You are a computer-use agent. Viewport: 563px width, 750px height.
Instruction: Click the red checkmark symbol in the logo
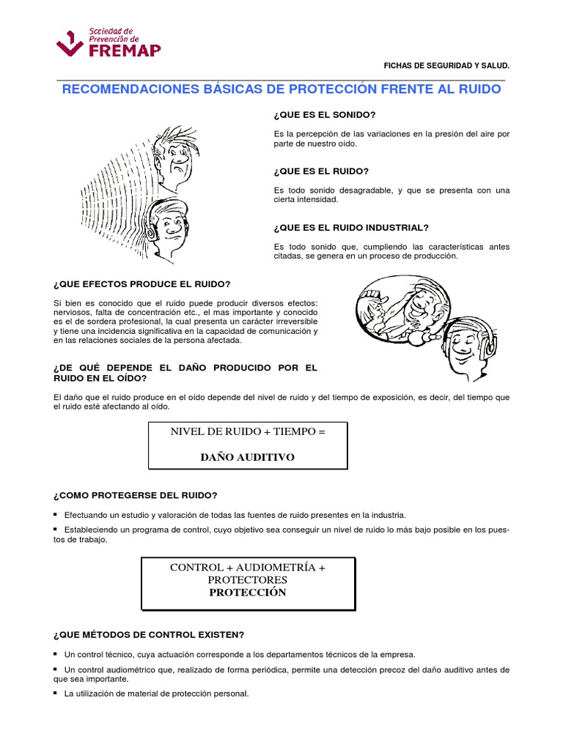click(70, 45)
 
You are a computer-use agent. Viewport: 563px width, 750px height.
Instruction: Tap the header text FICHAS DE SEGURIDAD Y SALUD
click(446, 66)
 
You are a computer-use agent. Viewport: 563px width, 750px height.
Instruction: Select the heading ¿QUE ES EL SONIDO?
click(324, 115)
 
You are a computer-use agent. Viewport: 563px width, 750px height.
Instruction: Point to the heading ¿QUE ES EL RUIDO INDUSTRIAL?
click(350, 227)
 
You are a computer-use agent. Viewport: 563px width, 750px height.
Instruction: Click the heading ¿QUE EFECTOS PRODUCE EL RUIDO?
click(141, 284)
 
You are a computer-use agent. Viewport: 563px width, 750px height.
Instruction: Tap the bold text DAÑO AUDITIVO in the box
click(247, 457)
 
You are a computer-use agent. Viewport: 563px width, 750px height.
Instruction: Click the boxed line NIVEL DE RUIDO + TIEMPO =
click(247, 432)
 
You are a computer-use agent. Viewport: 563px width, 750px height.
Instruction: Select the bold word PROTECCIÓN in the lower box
click(247, 593)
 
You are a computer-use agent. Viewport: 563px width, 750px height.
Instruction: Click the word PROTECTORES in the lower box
click(247, 580)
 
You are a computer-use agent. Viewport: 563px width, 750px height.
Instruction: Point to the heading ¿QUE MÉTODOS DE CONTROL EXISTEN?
click(149, 634)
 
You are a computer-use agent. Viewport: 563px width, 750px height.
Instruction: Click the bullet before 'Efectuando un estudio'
click(56, 514)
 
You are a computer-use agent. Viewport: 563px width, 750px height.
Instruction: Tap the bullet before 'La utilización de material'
click(56, 693)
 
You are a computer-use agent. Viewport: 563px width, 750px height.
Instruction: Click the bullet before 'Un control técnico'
click(56, 653)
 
